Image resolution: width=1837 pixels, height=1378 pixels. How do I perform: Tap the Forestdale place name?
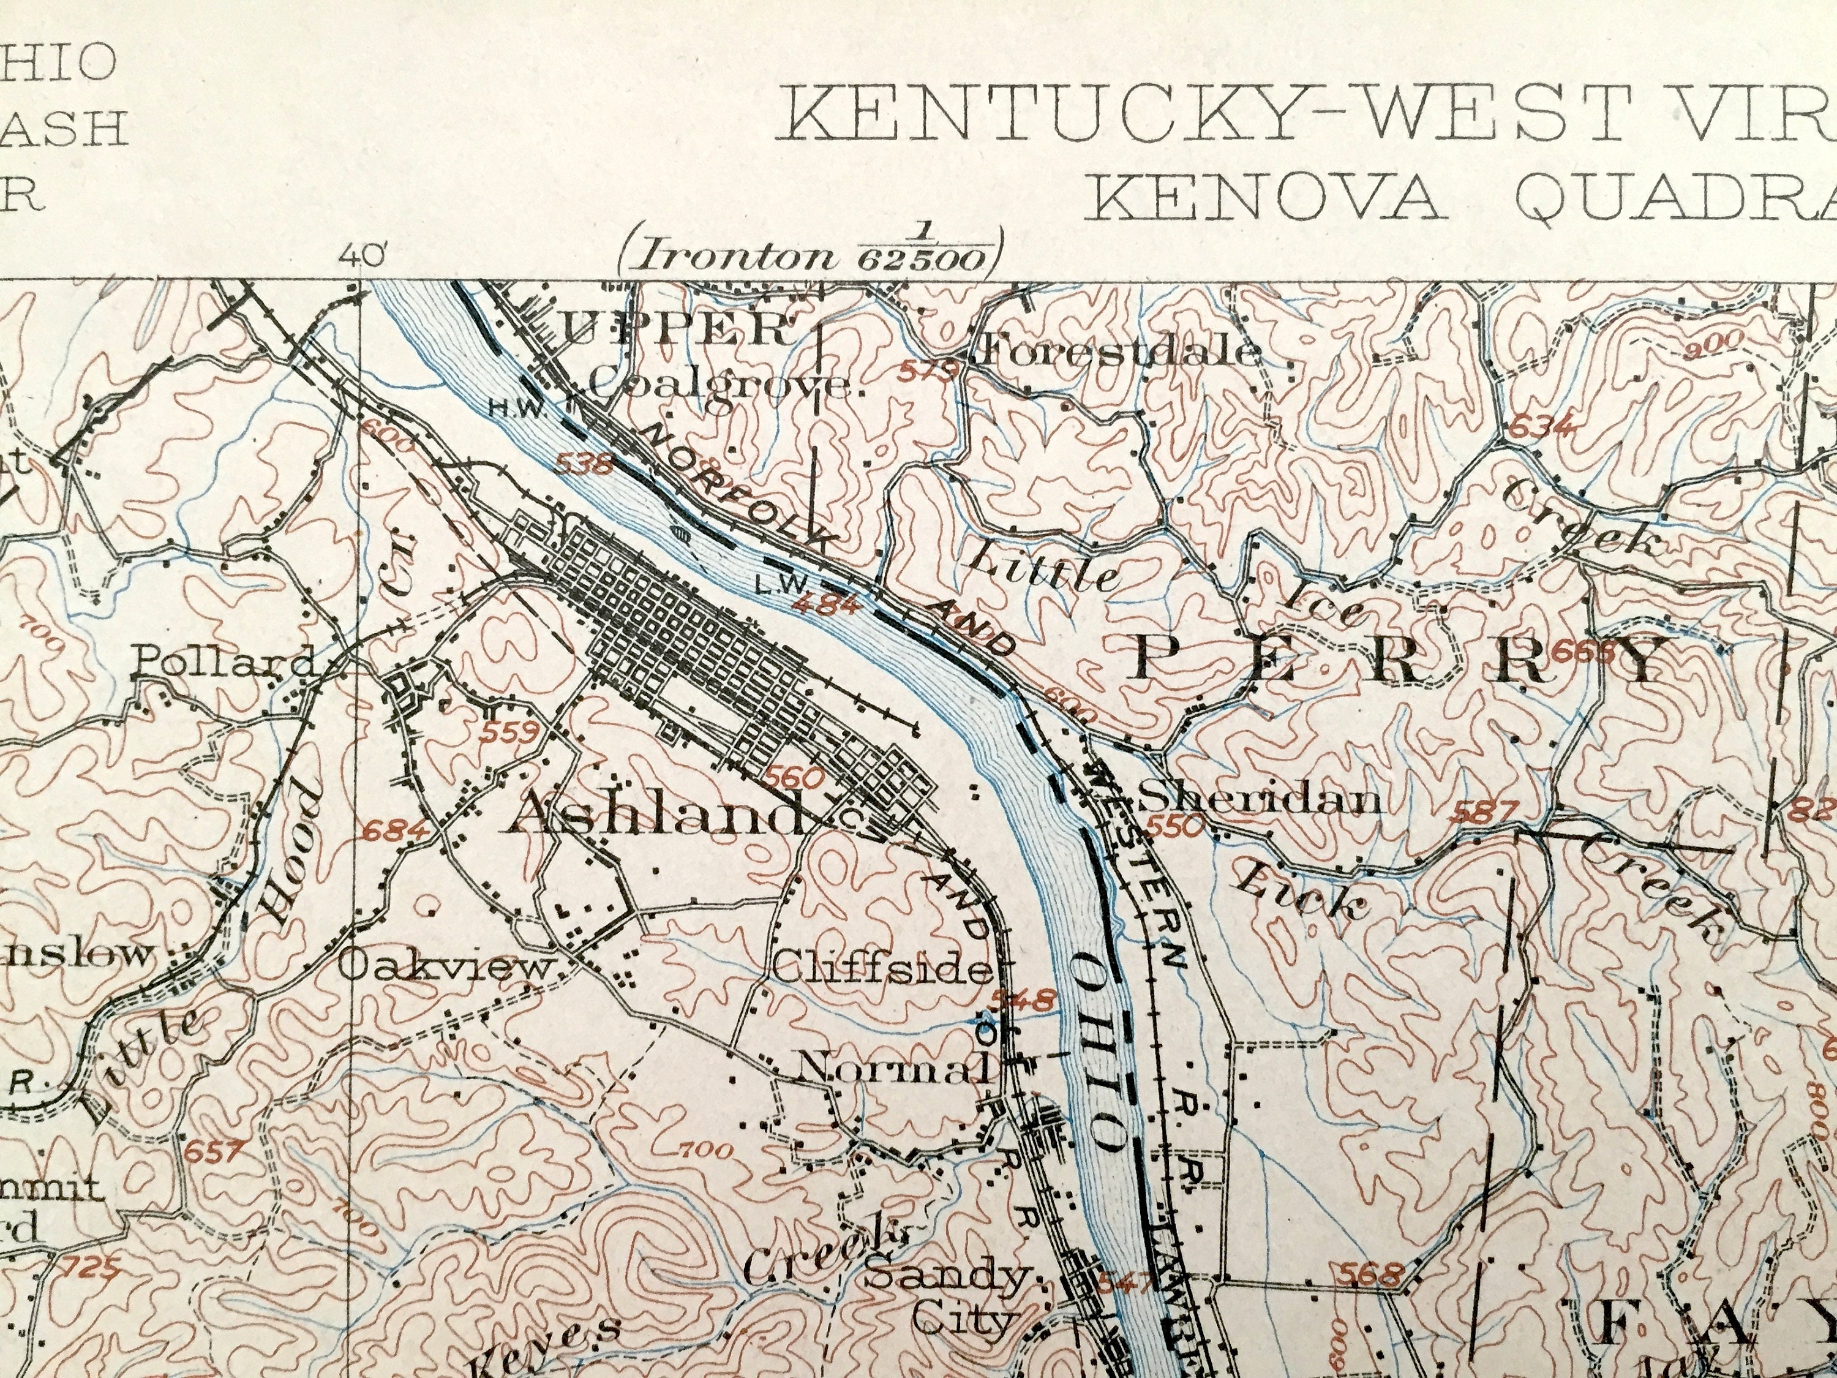[x=1119, y=352]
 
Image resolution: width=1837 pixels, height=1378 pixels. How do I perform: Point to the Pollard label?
[x=224, y=662]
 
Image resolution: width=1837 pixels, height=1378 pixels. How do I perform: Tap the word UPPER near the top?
[x=677, y=329]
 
